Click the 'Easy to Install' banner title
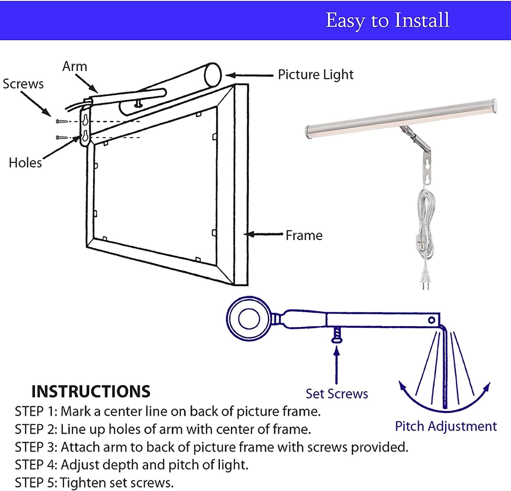pos(387,20)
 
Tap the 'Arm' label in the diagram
pos(75,66)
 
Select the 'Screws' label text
pos(23,84)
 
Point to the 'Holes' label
pos(25,163)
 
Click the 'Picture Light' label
pos(315,75)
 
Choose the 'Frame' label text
pos(304,235)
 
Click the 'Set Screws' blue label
pos(337,394)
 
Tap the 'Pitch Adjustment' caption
pos(446,426)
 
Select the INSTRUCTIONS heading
pos(91,392)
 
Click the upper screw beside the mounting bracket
pos(62,121)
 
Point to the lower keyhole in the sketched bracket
pos(85,136)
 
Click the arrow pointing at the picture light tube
pos(249,76)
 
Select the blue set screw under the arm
pos(336,335)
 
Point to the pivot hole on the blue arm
pos(431,320)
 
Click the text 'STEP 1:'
pos(36,412)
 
